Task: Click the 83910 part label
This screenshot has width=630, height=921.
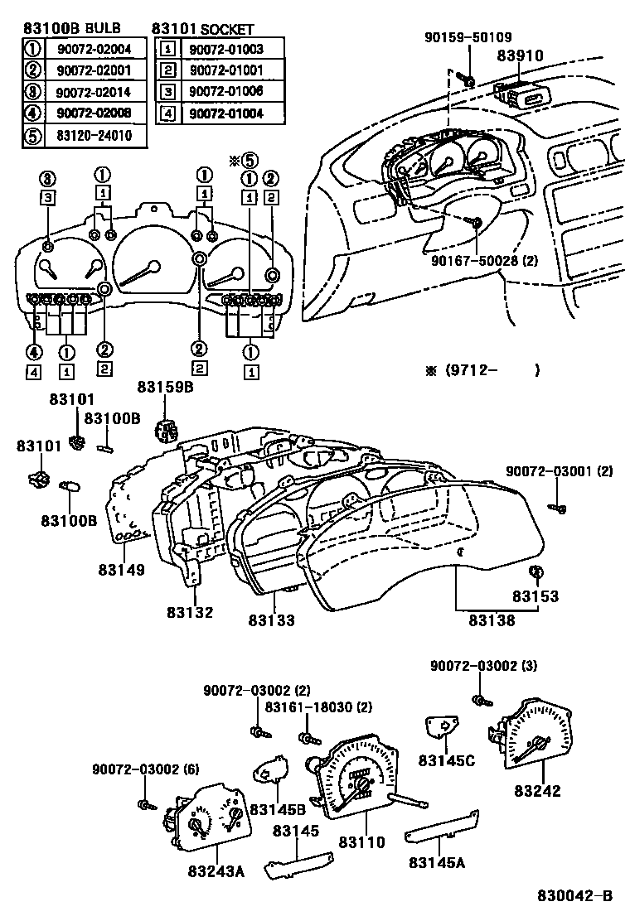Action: [520, 56]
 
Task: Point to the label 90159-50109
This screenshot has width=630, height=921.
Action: [468, 37]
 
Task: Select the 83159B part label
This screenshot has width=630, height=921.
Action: [165, 386]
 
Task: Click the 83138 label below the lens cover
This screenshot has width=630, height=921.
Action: [493, 620]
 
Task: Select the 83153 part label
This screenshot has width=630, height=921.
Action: [535, 596]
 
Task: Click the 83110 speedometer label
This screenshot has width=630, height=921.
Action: [361, 842]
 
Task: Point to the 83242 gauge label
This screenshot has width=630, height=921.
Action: [537, 790]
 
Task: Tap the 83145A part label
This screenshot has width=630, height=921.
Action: [436, 862]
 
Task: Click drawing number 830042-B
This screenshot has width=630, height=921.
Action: [574, 896]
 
